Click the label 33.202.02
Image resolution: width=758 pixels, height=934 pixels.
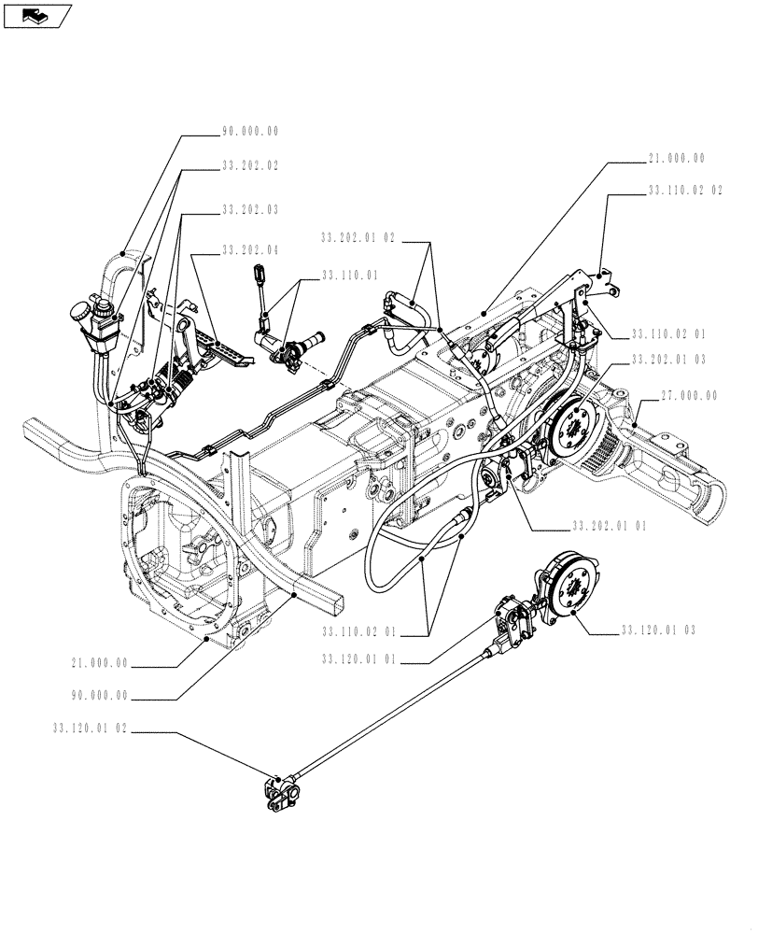(x=249, y=165)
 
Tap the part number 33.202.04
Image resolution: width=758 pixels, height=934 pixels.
(x=249, y=251)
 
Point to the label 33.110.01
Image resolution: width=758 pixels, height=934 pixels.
(x=348, y=276)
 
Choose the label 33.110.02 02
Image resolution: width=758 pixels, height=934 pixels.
(x=684, y=190)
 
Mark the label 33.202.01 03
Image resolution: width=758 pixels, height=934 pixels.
(x=669, y=360)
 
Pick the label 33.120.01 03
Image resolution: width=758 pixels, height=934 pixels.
(x=658, y=631)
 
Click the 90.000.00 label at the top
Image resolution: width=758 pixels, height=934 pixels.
(x=249, y=132)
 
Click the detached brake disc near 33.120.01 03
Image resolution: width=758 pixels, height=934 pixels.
(x=564, y=585)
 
